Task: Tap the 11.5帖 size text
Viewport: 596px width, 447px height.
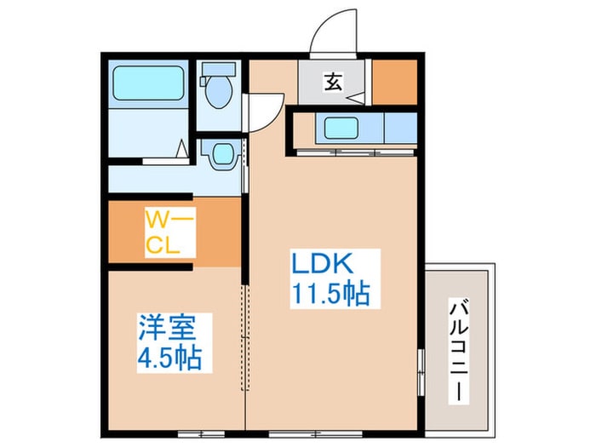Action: (330, 295)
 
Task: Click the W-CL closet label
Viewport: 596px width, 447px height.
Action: (169, 233)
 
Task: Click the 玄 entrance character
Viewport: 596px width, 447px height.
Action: (331, 83)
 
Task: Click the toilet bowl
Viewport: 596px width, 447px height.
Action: (220, 94)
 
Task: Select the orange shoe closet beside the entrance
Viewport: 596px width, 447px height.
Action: (395, 83)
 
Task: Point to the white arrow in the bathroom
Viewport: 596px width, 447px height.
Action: (182, 150)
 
